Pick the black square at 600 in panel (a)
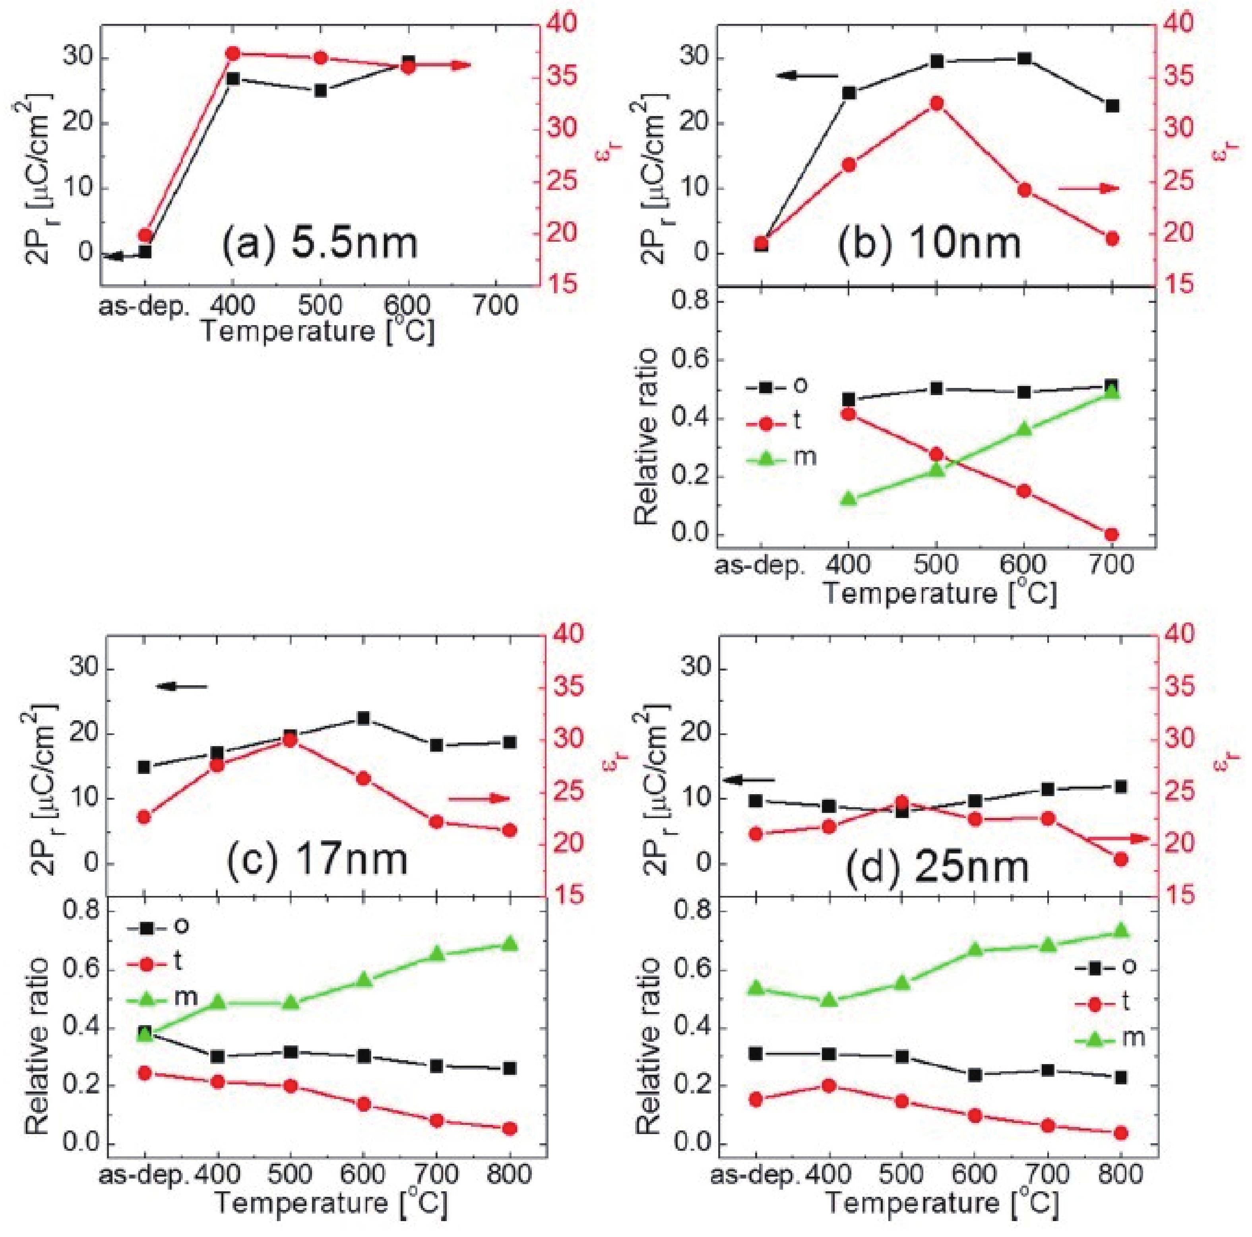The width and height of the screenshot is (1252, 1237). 408,62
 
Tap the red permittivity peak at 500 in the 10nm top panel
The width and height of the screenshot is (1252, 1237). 936,104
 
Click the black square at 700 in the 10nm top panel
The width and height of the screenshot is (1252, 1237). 1112,106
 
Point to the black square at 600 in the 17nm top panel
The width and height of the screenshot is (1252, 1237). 364,718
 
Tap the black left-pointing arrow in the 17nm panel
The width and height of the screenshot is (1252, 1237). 182,686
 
